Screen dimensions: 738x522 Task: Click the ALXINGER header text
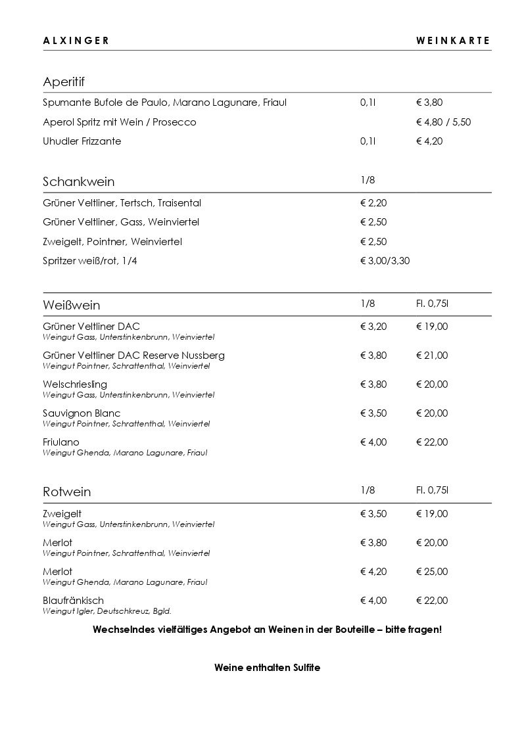pyautogui.click(x=76, y=41)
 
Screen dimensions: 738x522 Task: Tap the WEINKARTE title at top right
pyautogui.click(x=453, y=41)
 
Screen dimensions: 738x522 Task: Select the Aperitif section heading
pyautogui.click(x=64, y=82)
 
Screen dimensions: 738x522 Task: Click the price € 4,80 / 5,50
pyautogui.click(x=444, y=122)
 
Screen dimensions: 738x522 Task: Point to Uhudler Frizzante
pyautogui.click(x=82, y=141)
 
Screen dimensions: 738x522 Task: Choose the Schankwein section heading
pyautogui.click(x=78, y=181)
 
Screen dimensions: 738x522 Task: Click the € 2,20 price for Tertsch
pyautogui.click(x=373, y=203)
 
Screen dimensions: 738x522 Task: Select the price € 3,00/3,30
pyautogui.click(x=385, y=261)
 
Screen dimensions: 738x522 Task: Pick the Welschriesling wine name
pyautogui.click(x=74, y=384)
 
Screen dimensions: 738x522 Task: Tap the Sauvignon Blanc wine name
pyautogui.click(x=82, y=413)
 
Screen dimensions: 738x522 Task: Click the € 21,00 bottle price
pyautogui.click(x=432, y=356)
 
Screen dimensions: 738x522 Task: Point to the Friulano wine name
pyautogui.click(x=60, y=442)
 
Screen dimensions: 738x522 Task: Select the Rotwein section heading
pyautogui.click(x=66, y=492)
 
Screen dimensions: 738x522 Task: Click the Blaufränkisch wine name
pyautogui.click(x=73, y=601)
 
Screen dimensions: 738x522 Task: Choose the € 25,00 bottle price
pyautogui.click(x=432, y=572)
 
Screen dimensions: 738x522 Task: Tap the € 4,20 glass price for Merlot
pyautogui.click(x=373, y=572)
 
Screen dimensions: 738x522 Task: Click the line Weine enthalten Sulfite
pyautogui.click(x=267, y=667)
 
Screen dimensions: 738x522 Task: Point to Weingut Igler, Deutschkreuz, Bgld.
pyautogui.click(x=107, y=611)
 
